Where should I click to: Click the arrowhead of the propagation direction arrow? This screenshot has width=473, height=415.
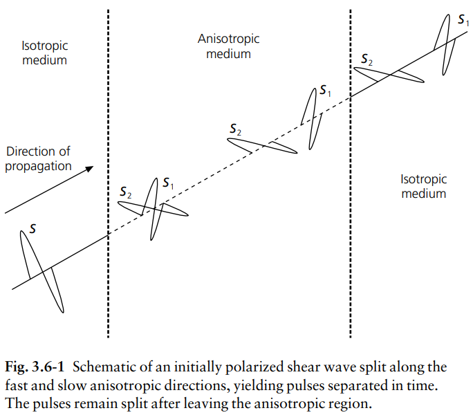(x=90, y=169)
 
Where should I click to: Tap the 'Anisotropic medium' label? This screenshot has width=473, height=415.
(x=228, y=46)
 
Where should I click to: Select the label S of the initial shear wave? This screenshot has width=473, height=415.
(x=33, y=228)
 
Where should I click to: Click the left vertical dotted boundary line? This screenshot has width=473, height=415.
(x=109, y=174)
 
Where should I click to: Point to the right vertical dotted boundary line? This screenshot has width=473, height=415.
(x=350, y=174)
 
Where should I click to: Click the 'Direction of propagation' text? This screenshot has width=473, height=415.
(x=38, y=158)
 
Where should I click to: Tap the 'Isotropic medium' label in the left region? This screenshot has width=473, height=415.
(x=45, y=53)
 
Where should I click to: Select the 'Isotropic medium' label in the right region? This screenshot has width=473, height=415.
(x=423, y=186)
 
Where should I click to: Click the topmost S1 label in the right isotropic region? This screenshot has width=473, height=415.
(x=463, y=20)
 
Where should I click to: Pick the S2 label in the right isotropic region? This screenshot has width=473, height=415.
(x=367, y=59)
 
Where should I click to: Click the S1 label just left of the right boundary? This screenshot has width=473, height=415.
(x=325, y=90)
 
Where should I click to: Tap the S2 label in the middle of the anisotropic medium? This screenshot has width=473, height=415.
(x=235, y=129)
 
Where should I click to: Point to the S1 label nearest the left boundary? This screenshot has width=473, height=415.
(x=168, y=183)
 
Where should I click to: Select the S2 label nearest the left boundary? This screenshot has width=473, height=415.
(x=125, y=192)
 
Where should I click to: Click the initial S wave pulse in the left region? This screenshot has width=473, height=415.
(x=42, y=271)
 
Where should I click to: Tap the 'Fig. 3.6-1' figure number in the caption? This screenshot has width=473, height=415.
(x=35, y=367)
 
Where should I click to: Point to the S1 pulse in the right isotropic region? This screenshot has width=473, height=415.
(x=446, y=44)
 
